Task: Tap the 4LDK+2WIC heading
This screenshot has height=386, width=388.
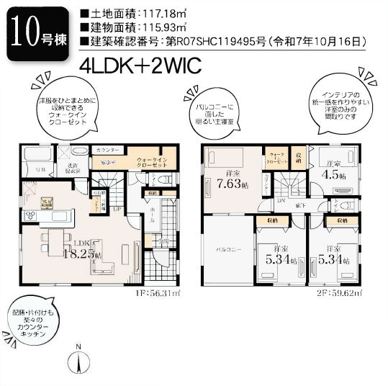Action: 140,63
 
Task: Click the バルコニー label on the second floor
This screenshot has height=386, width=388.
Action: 228,248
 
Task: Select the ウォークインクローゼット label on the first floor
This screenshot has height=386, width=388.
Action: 152,162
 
